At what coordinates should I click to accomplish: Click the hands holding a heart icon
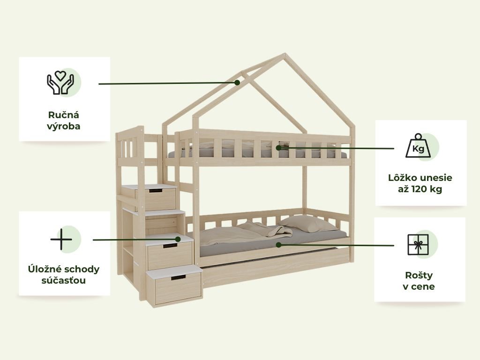coord(60,82)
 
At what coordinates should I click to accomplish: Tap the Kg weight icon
coord(418,146)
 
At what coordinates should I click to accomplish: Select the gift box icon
coord(418,245)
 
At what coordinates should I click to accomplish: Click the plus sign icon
coord(61,239)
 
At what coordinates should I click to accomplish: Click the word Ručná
coord(64,115)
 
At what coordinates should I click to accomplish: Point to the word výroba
coord(64,127)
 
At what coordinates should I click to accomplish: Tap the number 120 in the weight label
coord(419,189)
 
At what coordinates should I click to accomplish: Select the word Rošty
coord(419,275)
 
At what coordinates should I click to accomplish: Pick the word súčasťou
coord(64,280)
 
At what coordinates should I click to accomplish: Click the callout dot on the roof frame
coord(237,82)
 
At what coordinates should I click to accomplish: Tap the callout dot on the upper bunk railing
coord(278,148)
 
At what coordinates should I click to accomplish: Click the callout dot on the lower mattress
coord(278,245)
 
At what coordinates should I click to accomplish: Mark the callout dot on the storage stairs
coord(178,239)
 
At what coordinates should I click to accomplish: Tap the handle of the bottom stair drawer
coord(178,277)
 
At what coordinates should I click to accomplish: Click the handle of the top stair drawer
coord(156,191)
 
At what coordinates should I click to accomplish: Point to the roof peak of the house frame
coord(285,54)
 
